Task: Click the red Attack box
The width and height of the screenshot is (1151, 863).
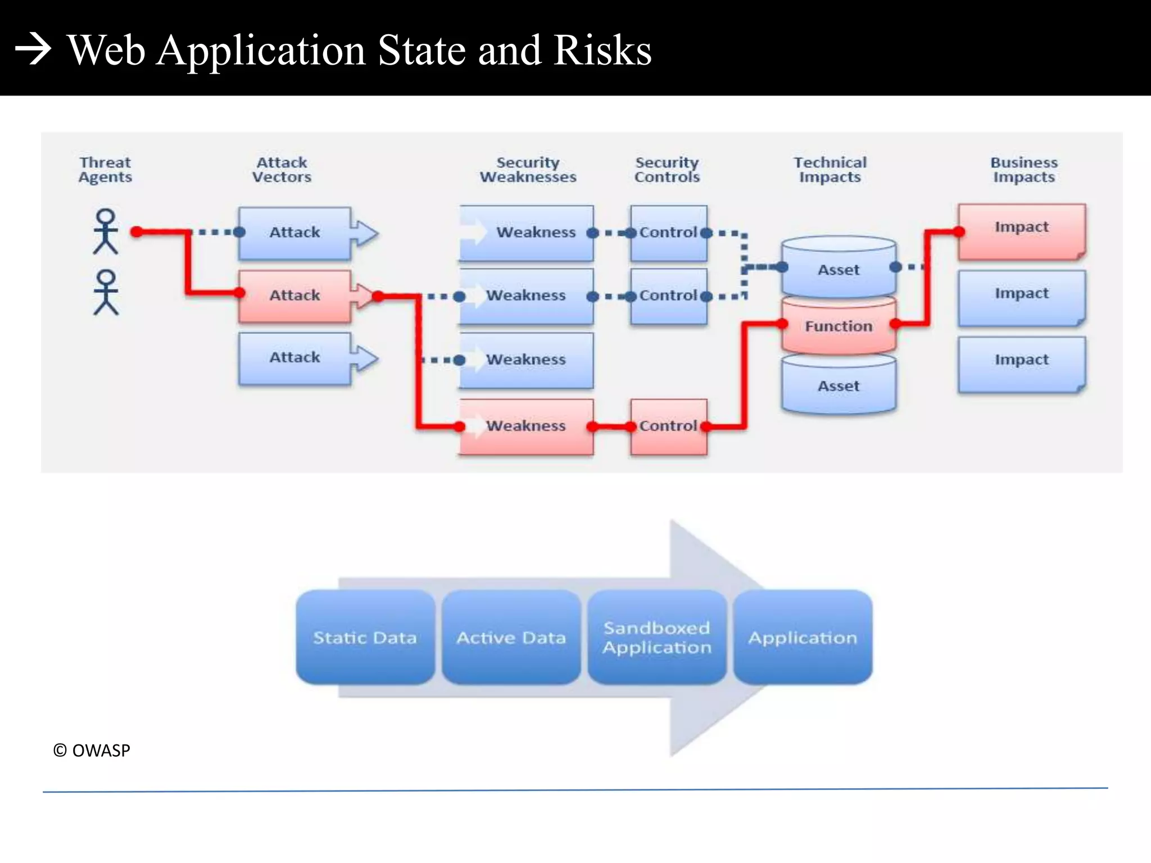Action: click(295, 296)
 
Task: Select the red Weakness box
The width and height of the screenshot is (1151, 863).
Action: click(526, 426)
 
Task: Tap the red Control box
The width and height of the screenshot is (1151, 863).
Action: click(668, 426)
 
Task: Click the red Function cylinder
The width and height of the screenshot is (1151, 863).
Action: click(839, 326)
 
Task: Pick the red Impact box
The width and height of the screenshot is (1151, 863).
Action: click(1021, 230)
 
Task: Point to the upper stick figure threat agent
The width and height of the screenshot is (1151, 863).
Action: click(106, 231)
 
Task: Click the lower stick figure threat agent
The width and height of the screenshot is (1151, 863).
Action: click(106, 292)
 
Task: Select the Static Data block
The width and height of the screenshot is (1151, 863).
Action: click(365, 637)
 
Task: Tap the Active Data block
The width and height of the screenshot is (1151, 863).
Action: click(511, 637)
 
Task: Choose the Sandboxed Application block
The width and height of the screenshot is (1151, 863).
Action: click(657, 637)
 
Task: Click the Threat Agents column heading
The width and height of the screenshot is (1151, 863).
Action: click(105, 170)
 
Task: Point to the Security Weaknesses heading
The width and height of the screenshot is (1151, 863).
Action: click(528, 170)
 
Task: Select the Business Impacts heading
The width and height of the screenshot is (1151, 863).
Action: click(1023, 170)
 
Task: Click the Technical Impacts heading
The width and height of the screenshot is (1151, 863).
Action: click(830, 170)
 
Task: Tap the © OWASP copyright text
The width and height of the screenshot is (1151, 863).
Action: click(92, 751)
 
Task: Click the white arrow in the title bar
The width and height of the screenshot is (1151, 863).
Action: click(33, 49)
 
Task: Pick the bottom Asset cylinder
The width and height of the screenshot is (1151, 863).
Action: click(839, 386)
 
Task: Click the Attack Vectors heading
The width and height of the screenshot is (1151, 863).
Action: click(282, 170)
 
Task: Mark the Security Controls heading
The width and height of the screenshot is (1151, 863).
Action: click(667, 170)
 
